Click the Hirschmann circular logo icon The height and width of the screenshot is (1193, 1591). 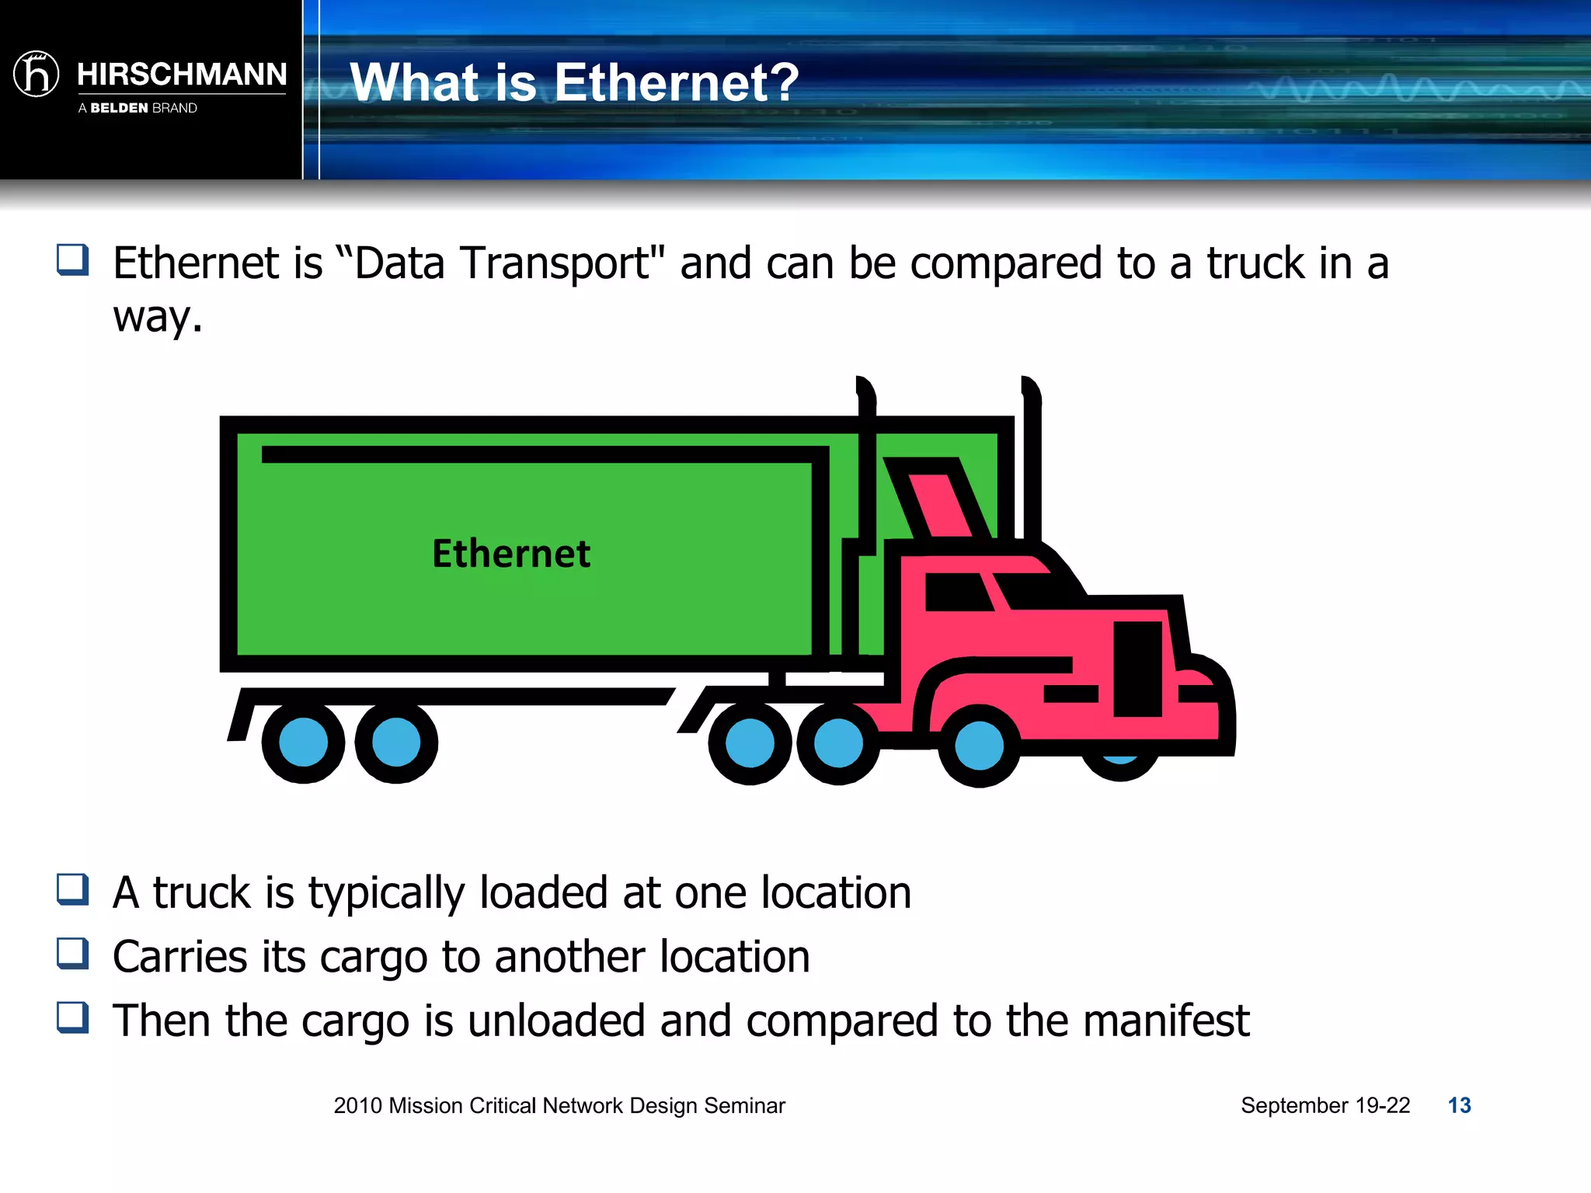[x=37, y=75]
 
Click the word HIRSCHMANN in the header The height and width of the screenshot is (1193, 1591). [x=182, y=75]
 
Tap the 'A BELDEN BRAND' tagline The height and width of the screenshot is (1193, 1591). [x=138, y=108]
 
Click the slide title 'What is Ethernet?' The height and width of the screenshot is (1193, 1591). [x=574, y=82]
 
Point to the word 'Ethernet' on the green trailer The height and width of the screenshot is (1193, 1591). [x=511, y=554]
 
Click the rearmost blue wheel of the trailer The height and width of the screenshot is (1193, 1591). [x=303, y=743]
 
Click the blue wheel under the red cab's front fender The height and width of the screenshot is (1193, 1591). [x=979, y=745]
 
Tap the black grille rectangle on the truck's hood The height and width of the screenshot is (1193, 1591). [x=1137, y=668]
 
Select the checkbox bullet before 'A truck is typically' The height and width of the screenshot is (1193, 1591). [x=73, y=889]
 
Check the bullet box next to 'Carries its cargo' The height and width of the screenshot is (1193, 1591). [x=73, y=953]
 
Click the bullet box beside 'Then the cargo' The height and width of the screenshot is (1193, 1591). [x=73, y=1017]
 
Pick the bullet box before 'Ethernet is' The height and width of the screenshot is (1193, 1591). [x=73, y=259]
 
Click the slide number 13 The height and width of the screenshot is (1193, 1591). [x=1459, y=1105]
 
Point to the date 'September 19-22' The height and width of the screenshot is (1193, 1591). [x=1325, y=1105]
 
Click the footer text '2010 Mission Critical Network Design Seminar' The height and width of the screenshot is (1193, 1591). [x=559, y=1105]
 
